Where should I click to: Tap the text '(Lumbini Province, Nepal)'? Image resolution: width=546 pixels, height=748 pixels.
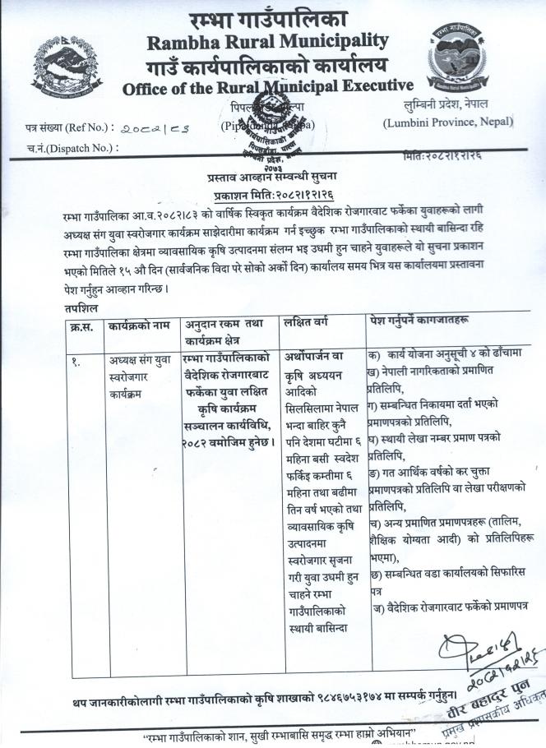(x=448, y=122)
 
